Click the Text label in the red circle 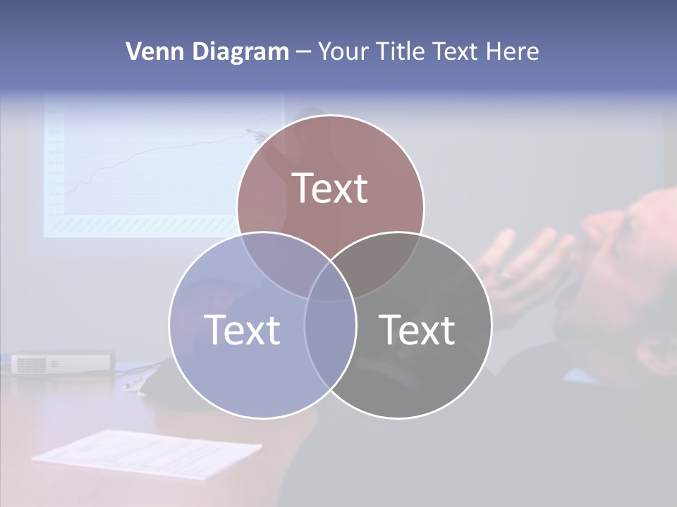[330, 188]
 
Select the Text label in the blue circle [242, 329]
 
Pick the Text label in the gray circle [417, 329]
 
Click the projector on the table [62, 363]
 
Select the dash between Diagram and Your [303, 52]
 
